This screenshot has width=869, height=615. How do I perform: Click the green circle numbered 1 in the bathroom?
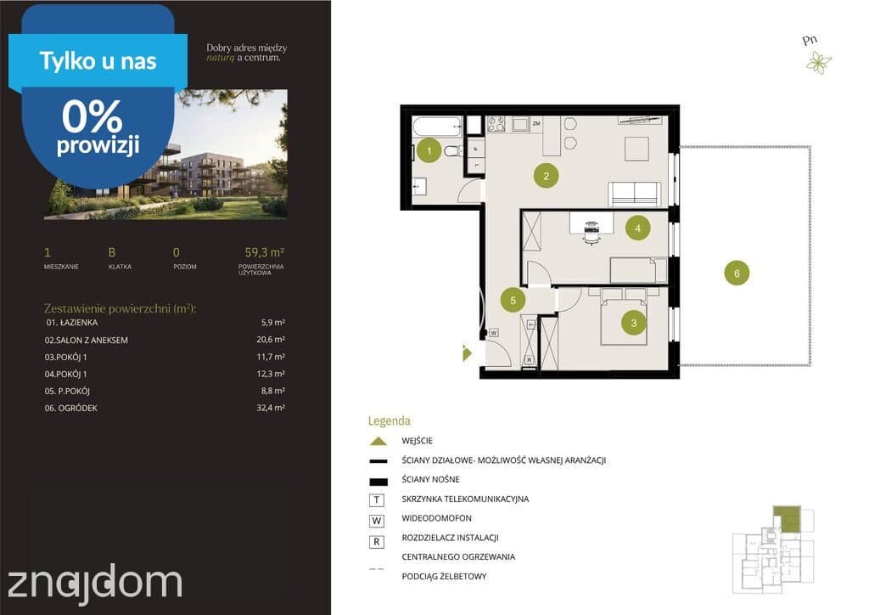coord(429,150)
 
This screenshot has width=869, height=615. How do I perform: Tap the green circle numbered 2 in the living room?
coord(546,176)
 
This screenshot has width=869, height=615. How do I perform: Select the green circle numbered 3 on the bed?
coord(633,322)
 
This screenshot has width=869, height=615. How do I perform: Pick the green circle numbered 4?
coord(638,228)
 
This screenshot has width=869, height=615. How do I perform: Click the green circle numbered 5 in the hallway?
coord(513,300)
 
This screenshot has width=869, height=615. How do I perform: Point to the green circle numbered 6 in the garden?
coord(737,273)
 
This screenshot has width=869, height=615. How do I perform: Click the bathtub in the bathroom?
coord(437,127)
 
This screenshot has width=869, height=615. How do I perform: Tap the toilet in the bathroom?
coord(453,150)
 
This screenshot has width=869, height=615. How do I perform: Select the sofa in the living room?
coord(634,194)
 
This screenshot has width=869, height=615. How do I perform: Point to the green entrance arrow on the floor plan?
coord(467,353)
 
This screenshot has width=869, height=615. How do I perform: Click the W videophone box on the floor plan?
coord(493,333)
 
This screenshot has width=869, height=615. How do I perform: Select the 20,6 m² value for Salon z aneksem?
coord(271,340)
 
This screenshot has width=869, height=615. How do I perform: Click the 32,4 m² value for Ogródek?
coord(271,408)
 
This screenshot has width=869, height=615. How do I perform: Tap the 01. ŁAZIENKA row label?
coord(72,322)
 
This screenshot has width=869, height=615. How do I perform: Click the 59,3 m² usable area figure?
coord(265,252)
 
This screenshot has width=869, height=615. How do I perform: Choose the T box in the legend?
coord(376,500)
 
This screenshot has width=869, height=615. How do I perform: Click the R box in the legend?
coord(376,542)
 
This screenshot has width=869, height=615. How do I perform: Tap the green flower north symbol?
coord(819,62)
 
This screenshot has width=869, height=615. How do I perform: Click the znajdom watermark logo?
coord(94,583)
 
